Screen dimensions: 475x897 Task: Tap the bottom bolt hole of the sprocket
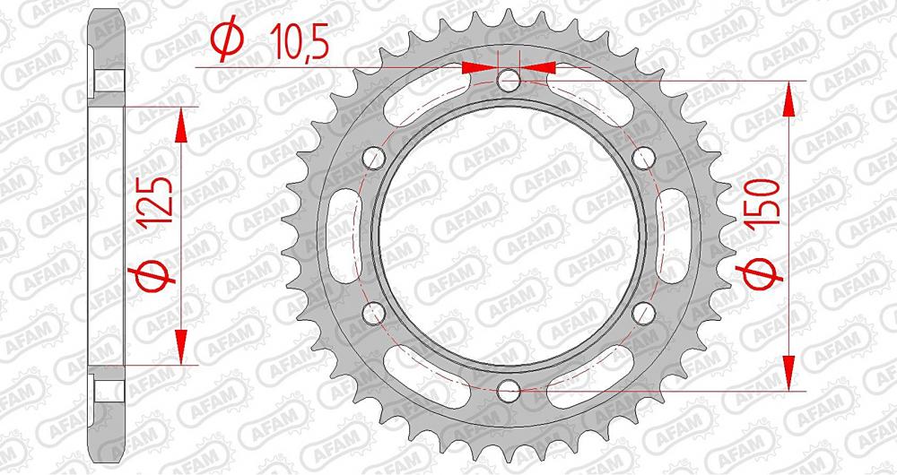pyautogui.click(x=509, y=390)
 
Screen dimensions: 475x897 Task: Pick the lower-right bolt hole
pyautogui.click(x=642, y=313)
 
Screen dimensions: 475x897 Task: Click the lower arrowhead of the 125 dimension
pyautogui.click(x=182, y=344)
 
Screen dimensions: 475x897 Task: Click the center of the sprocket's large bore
pyautogui.click(x=509, y=236)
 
